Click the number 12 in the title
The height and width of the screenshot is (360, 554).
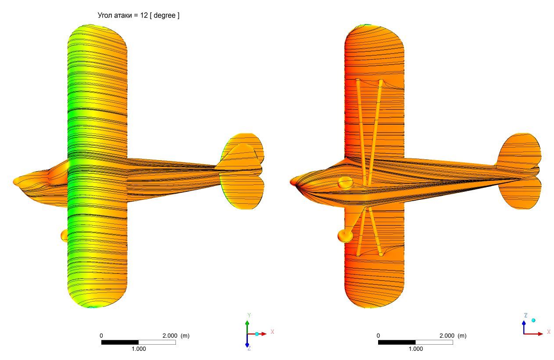click(144, 15)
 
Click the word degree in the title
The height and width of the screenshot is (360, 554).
click(164, 16)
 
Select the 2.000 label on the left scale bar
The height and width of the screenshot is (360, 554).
click(170, 336)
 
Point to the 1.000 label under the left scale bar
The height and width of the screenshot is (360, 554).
click(139, 349)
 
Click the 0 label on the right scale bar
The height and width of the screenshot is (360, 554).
click(378, 336)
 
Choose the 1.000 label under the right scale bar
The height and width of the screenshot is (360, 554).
click(415, 349)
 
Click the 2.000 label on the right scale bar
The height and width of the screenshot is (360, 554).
click(447, 336)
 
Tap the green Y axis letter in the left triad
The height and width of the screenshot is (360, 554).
click(249, 315)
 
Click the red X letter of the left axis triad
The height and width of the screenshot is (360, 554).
click(272, 332)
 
